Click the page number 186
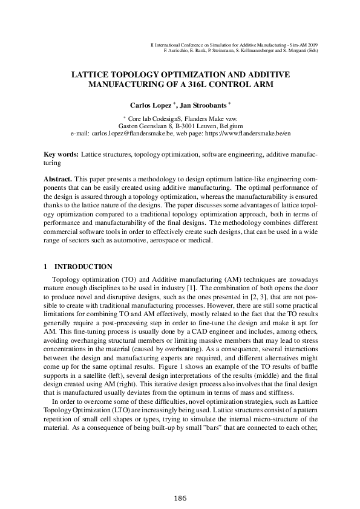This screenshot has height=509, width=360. [x=180, y=498]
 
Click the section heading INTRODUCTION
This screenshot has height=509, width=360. [x=83, y=266]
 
